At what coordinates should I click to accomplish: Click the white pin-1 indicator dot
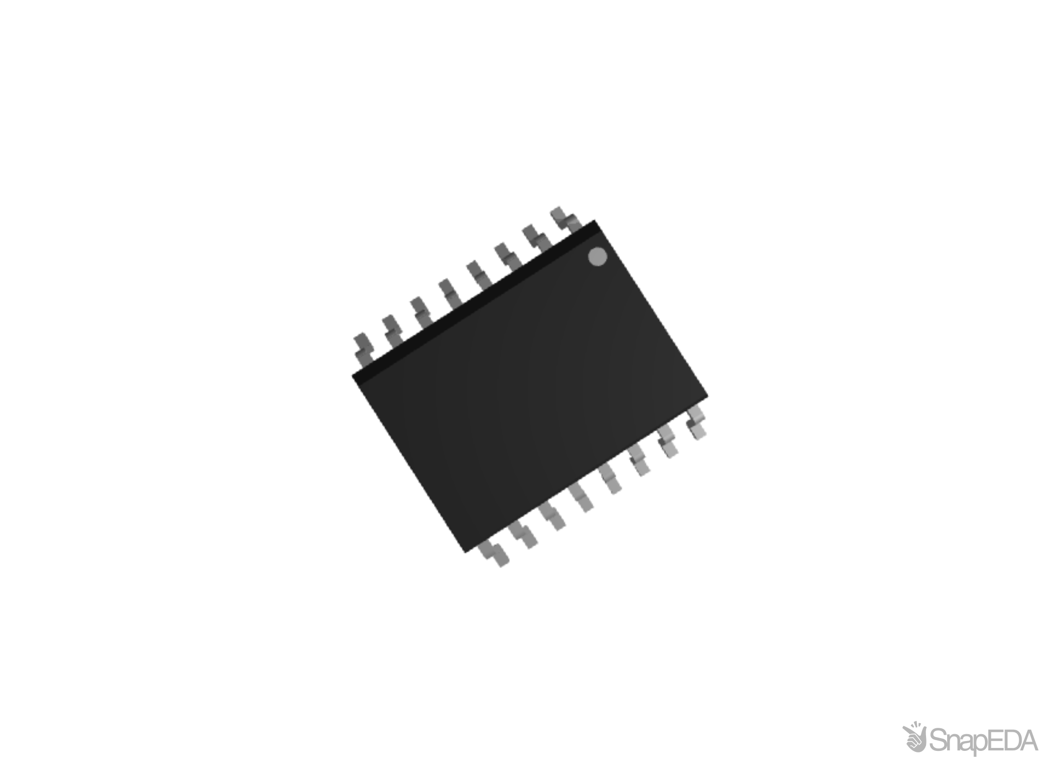597,257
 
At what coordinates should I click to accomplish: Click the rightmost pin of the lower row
697,421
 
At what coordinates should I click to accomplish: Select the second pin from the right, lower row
668,441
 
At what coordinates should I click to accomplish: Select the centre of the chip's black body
530,386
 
